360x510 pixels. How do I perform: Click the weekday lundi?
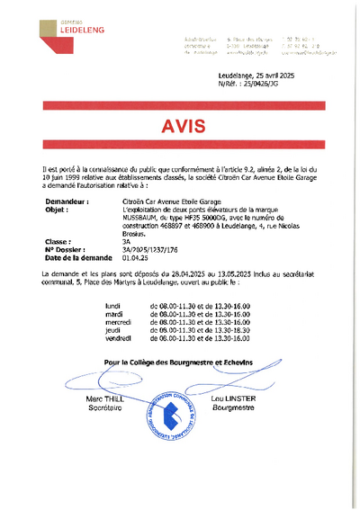[x=112, y=306]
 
